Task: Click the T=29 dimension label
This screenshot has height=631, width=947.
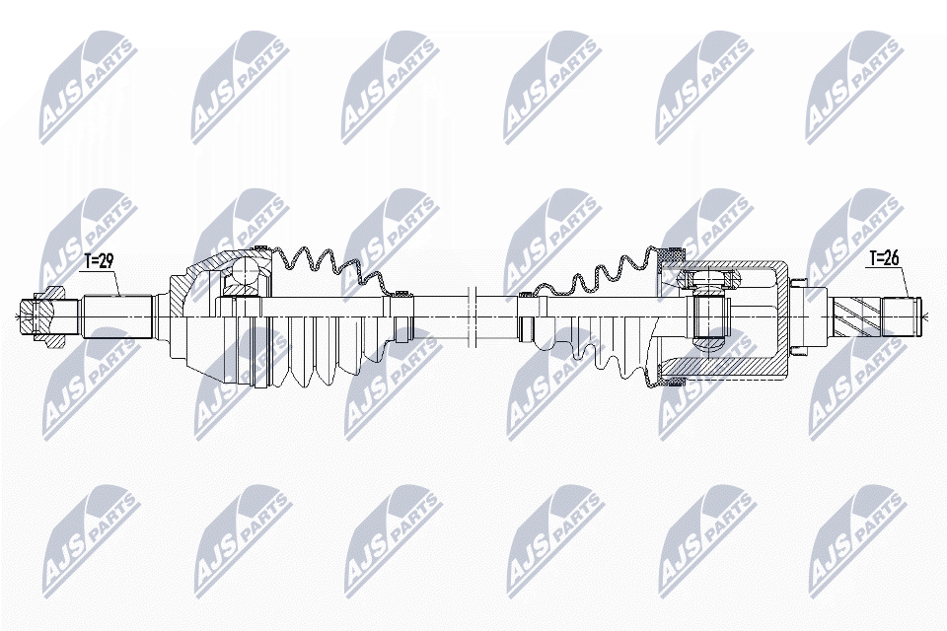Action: click(x=100, y=261)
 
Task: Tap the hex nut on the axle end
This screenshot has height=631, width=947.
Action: click(x=48, y=315)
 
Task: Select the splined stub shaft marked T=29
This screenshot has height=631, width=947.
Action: click(x=116, y=315)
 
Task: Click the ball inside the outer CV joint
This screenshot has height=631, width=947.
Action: click(x=242, y=273)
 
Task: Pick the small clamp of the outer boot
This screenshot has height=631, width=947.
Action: click(x=401, y=293)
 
